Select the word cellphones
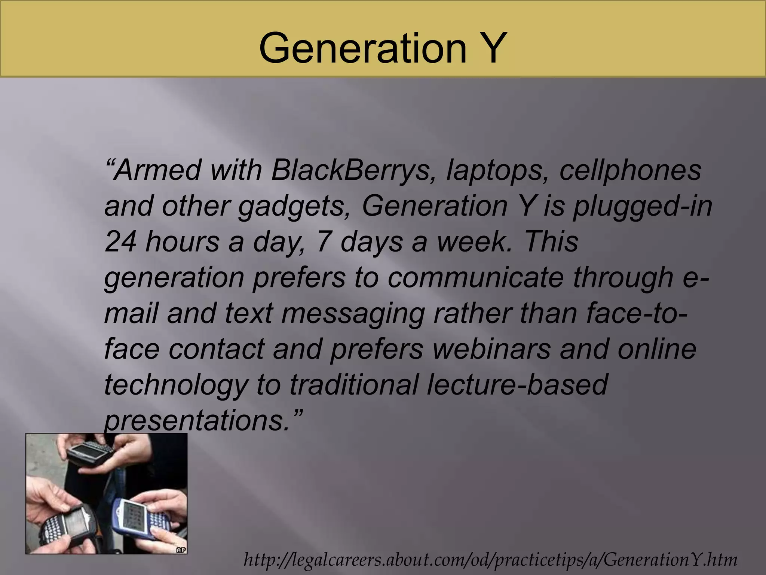point(630,170)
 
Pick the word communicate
point(475,277)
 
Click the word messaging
point(353,313)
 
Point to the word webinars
point(487,349)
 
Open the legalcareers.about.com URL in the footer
point(490,560)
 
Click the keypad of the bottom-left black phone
point(52,528)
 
